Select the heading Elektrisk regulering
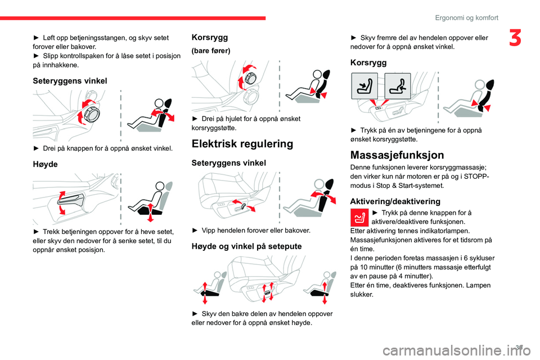[x=242, y=144]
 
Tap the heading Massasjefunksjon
[x=397, y=155]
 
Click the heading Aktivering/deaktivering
[x=394, y=201]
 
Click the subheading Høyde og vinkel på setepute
[x=246, y=246]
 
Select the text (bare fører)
[x=211, y=51]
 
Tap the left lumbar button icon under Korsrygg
[x=364, y=85]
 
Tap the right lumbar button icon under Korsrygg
[x=398, y=85]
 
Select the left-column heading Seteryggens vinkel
[x=70, y=80]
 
